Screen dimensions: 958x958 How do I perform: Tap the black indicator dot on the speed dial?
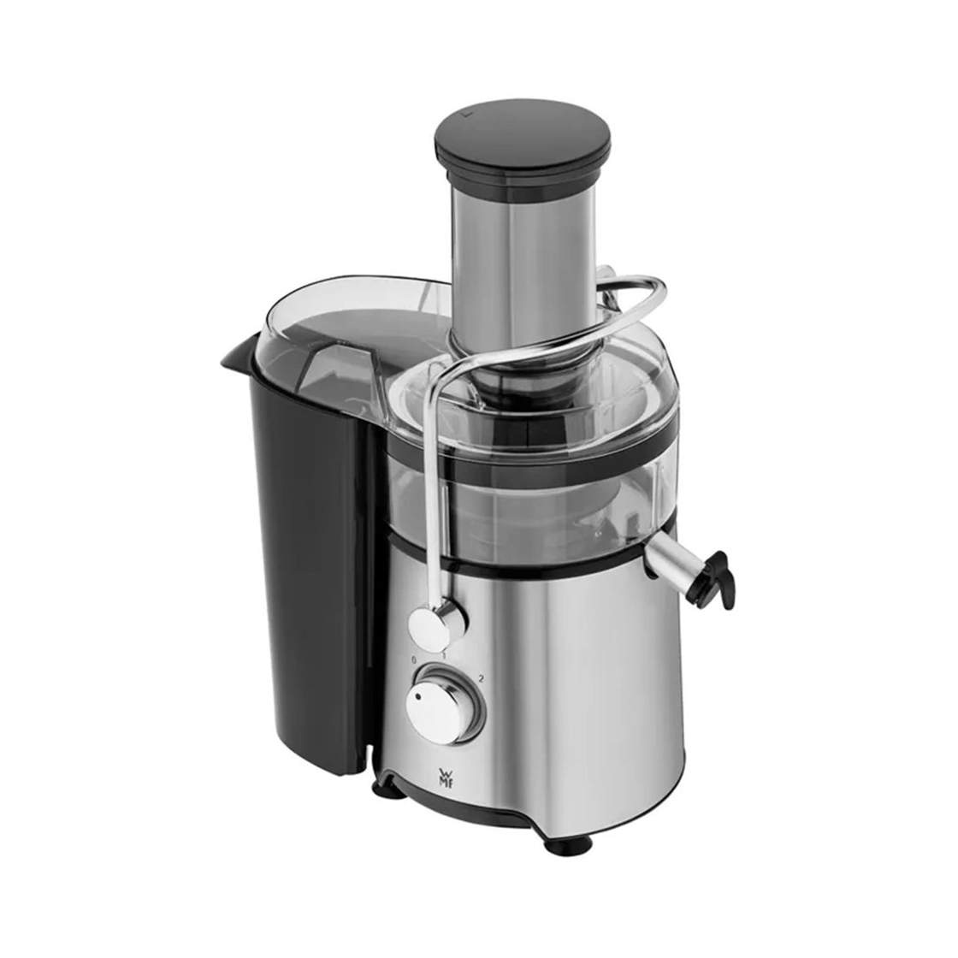tap(418, 696)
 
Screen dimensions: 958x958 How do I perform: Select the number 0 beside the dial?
tap(414, 660)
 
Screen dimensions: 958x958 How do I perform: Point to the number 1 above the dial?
tap(444, 655)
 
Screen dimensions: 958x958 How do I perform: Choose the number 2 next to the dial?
tap(482, 678)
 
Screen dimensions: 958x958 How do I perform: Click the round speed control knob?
tap(445, 705)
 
